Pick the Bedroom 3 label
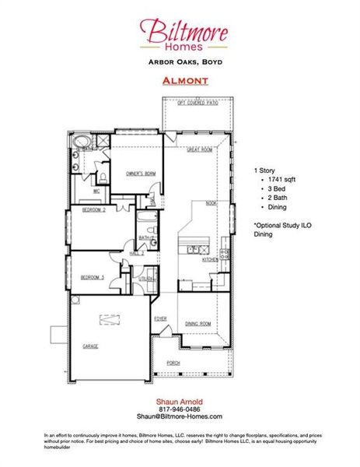[93, 277]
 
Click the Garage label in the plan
[90, 346]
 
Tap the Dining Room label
[198, 322]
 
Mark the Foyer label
[160, 318]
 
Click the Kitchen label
[210, 260]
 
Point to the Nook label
[211, 203]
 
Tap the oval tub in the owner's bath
[82, 142]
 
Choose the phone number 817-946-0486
[180, 409]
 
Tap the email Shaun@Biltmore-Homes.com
[180, 416]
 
